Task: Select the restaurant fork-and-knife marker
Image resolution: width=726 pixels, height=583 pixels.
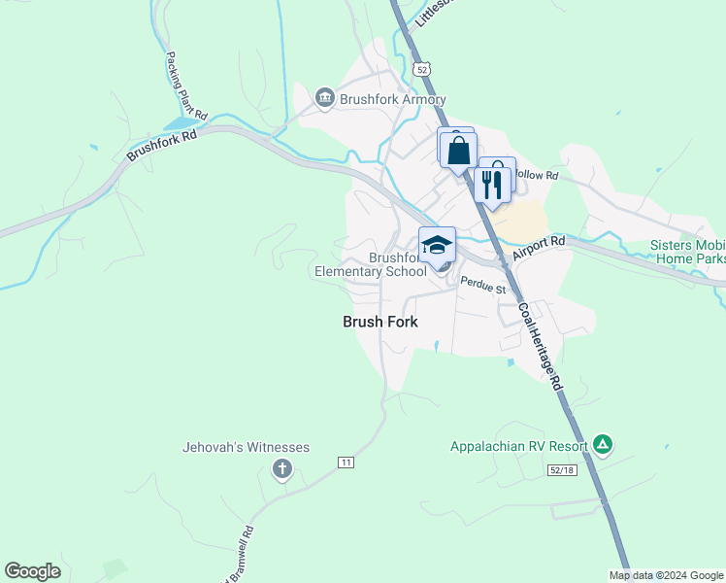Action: pyautogui.click(x=492, y=183)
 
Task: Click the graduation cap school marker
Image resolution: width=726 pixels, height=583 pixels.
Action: pyautogui.click(x=437, y=245)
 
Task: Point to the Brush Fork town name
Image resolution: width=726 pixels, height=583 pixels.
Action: pyautogui.click(x=380, y=321)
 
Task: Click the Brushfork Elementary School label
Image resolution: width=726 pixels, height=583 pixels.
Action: pyautogui.click(x=370, y=265)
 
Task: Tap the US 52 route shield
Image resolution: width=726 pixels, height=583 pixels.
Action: pyautogui.click(x=420, y=68)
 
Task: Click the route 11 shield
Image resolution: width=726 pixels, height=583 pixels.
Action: pyautogui.click(x=346, y=462)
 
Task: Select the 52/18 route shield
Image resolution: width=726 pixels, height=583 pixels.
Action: pyautogui.click(x=561, y=470)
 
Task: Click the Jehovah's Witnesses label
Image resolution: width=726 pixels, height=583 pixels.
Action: pyautogui.click(x=246, y=447)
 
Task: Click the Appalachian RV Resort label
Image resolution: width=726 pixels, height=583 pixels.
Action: pyautogui.click(x=519, y=447)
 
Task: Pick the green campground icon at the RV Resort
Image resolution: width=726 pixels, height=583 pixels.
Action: pyautogui.click(x=603, y=445)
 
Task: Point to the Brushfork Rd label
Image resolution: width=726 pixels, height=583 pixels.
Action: pyautogui.click(x=161, y=146)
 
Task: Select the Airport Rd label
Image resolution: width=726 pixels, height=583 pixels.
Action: pyautogui.click(x=539, y=248)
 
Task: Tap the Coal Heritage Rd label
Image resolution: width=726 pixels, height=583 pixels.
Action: pyautogui.click(x=540, y=345)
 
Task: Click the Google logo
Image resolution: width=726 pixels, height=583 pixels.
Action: pyautogui.click(x=32, y=571)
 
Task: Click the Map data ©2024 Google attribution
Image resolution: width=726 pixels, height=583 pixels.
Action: pyautogui.click(x=666, y=575)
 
